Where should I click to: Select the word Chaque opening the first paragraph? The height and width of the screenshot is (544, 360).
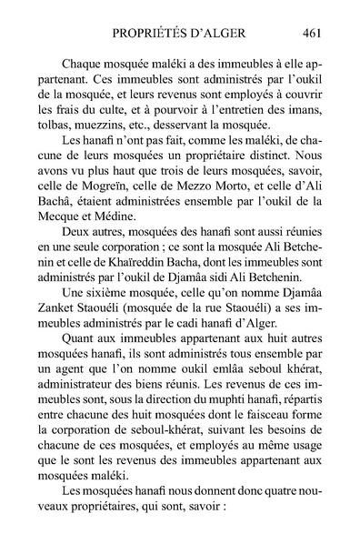point(83,65)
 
